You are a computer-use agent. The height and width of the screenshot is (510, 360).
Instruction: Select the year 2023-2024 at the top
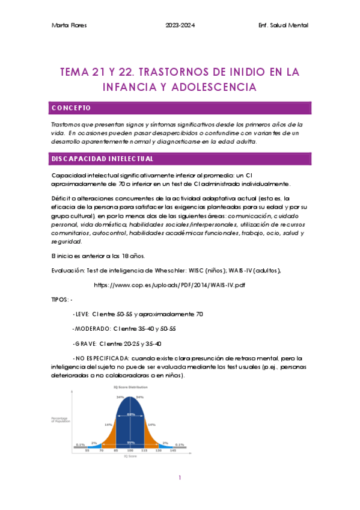(180, 25)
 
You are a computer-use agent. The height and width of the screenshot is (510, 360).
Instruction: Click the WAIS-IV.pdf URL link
(169, 284)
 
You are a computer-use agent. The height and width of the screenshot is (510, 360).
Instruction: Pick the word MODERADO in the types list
(92, 329)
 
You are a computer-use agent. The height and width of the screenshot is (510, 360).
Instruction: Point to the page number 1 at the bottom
(180, 478)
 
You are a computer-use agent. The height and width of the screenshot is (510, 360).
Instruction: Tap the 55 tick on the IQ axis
(87, 450)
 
